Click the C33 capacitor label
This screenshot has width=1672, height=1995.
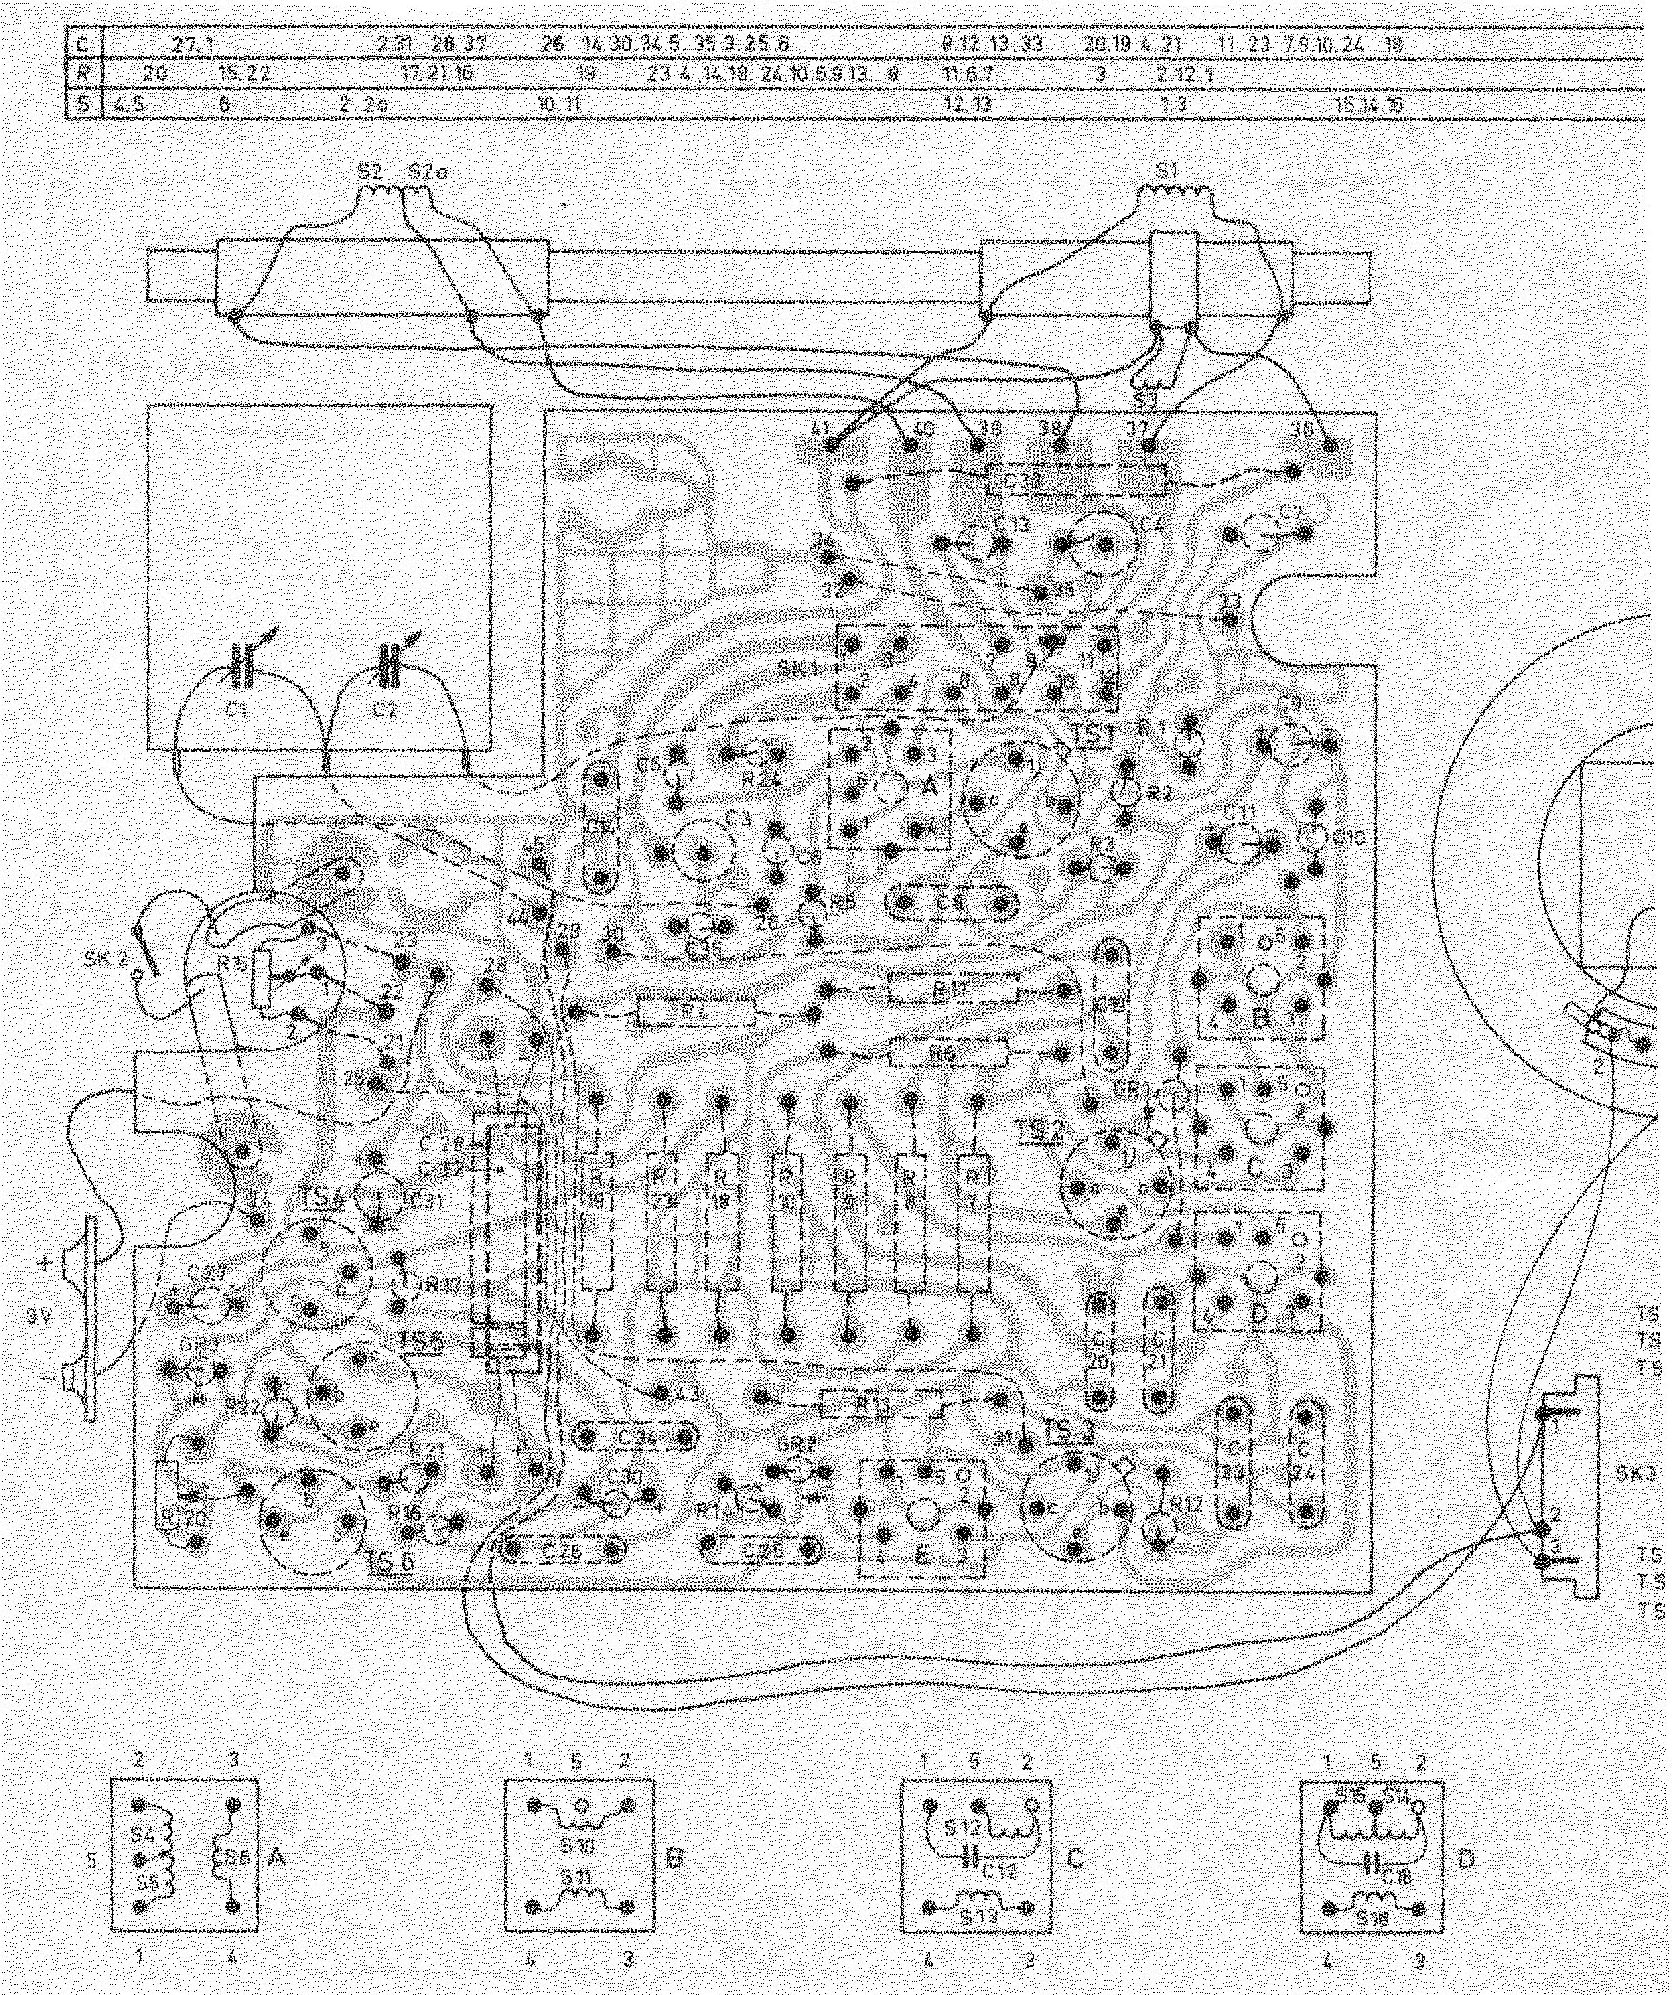point(1022,481)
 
